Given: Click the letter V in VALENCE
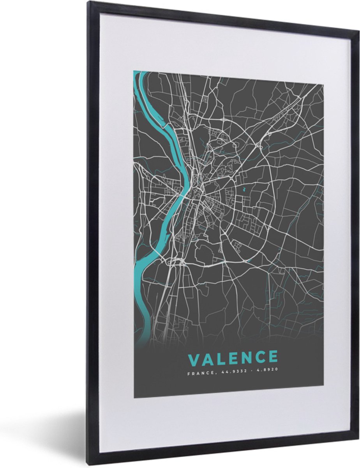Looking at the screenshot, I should tap(194, 358).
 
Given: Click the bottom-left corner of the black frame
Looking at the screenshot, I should tap(89, 464).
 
